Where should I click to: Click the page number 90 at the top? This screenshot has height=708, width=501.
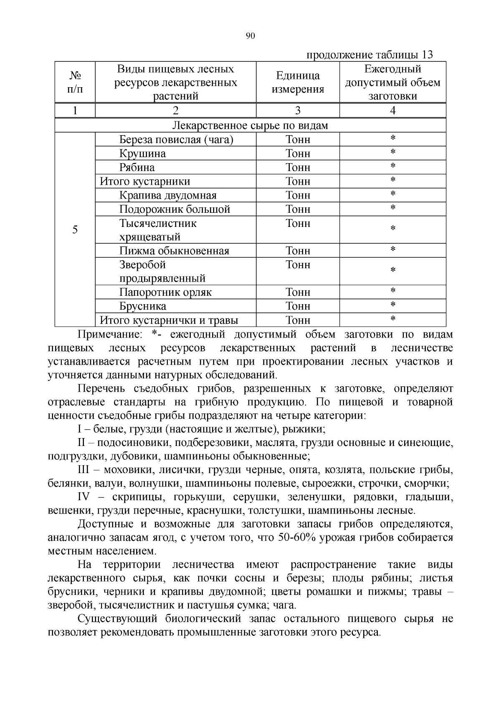pyautogui.click(x=250, y=36)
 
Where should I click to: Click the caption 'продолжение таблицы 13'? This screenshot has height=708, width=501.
pyautogui.click(x=369, y=55)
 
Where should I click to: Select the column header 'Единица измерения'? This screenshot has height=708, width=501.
pyautogui.click(x=298, y=82)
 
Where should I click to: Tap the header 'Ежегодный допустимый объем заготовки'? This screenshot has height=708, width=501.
pyautogui.click(x=392, y=82)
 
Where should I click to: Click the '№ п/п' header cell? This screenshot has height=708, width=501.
pyautogui.click(x=75, y=82)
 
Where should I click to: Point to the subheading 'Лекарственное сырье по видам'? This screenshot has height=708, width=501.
pyautogui.click(x=250, y=126)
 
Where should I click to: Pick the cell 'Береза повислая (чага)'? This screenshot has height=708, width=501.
pyautogui.click(x=176, y=140)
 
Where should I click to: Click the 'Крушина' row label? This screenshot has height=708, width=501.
pyautogui.click(x=142, y=154)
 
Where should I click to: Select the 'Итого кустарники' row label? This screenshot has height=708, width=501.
pyautogui.click(x=145, y=181)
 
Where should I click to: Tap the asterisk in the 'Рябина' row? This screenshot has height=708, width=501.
pyautogui.click(x=392, y=166)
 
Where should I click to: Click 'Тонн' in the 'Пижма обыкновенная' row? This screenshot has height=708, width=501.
pyautogui.click(x=298, y=251)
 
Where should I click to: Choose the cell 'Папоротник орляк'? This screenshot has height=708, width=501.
pyautogui.click(x=165, y=292)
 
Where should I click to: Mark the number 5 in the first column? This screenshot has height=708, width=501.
pyautogui.click(x=75, y=230)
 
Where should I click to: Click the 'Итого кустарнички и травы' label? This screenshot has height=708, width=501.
pyautogui.click(x=169, y=320)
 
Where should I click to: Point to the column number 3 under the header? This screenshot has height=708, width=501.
pyautogui.click(x=298, y=111)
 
